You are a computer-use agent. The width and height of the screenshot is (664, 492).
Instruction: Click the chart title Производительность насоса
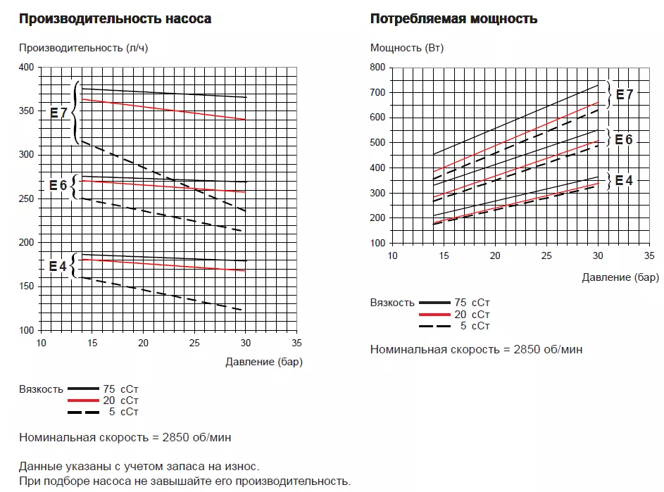pyautogui.click(x=115, y=19)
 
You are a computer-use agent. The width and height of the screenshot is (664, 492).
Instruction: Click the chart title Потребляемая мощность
pyautogui.click(x=453, y=19)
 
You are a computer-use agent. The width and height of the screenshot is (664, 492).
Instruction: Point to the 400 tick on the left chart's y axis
pyautogui.click(x=26, y=67)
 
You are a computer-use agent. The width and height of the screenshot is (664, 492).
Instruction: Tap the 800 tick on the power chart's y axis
pyautogui.click(x=378, y=67)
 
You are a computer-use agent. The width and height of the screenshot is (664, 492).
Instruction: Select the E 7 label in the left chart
pyautogui.click(x=58, y=112)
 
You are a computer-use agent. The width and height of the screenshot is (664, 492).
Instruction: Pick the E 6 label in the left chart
pyautogui.click(x=58, y=185)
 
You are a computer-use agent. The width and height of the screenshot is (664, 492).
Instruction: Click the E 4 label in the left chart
pyautogui.click(x=58, y=267)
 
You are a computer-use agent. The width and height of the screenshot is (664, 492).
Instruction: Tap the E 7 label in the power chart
pyautogui.click(x=625, y=95)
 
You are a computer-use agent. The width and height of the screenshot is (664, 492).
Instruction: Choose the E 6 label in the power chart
pyautogui.click(x=624, y=139)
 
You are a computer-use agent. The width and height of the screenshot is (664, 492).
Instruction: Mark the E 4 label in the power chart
pyautogui.click(x=624, y=180)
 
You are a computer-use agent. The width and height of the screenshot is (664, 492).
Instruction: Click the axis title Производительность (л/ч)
pyautogui.click(x=83, y=48)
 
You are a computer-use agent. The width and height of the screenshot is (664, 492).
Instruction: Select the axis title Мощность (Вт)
pyautogui.click(x=407, y=48)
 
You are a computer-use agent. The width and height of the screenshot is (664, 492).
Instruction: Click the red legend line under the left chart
pyautogui.click(x=84, y=400)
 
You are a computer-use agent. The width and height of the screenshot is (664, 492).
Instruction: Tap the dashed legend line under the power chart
pyautogui.click(x=434, y=326)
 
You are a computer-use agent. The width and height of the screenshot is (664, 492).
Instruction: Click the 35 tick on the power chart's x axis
pyautogui.click(x=649, y=256)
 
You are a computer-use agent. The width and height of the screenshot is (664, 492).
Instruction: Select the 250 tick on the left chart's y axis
pyautogui.click(x=26, y=198)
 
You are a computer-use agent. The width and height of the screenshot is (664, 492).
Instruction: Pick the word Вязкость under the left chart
pyautogui.click(x=41, y=389)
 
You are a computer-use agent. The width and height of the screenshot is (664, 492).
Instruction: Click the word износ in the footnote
pyautogui.click(x=243, y=466)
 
